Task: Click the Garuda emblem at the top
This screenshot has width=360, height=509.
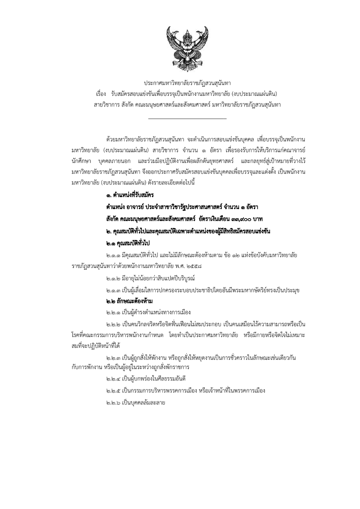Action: point(180,46)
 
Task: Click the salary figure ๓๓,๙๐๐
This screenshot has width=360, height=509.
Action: point(241,219)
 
